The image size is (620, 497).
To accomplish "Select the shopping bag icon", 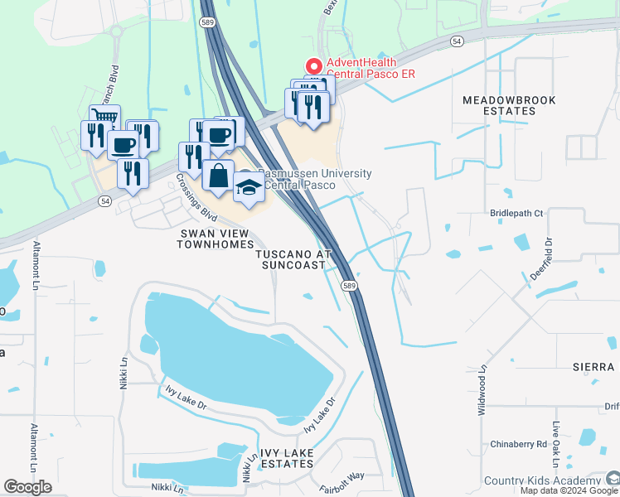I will pyautogui.click(x=218, y=176).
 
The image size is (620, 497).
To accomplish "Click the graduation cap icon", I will pyautogui.click(x=249, y=187).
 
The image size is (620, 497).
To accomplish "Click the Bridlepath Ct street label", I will pyautogui.click(x=516, y=213).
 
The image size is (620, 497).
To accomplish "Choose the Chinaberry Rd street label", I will pyautogui.click(x=518, y=444).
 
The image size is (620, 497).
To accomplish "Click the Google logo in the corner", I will pyautogui.click(x=27, y=487).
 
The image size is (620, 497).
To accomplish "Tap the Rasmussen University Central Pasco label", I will pyautogui.click(x=314, y=179).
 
